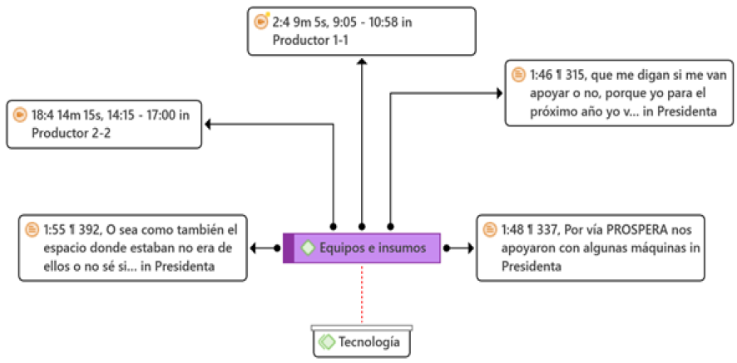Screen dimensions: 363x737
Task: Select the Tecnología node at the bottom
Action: click(x=363, y=342)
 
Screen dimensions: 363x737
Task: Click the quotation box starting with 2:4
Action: click(x=362, y=32)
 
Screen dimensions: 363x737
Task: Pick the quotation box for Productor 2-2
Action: click(x=104, y=124)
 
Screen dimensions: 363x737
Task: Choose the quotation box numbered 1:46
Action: click(x=619, y=93)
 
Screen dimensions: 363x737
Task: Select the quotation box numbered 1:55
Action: click(x=133, y=248)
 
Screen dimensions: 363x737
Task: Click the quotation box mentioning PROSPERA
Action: click(x=590, y=248)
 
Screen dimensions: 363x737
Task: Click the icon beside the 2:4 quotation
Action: click(x=261, y=22)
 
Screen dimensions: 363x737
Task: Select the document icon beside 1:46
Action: click(x=518, y=75)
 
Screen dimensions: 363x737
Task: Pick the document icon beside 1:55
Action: click(x=32, y=228)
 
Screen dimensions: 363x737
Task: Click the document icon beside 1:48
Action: click(x=489, y=228)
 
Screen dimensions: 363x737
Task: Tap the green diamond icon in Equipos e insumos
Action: click(x=308, y=248)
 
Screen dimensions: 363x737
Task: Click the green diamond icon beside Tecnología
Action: click(x=327, y=342)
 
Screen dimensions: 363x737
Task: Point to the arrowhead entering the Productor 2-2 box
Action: click(x=209, y=125)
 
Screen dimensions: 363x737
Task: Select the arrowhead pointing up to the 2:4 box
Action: click(x=361, y=61)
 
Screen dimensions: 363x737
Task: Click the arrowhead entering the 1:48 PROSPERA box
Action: click(x=470, y=248)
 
